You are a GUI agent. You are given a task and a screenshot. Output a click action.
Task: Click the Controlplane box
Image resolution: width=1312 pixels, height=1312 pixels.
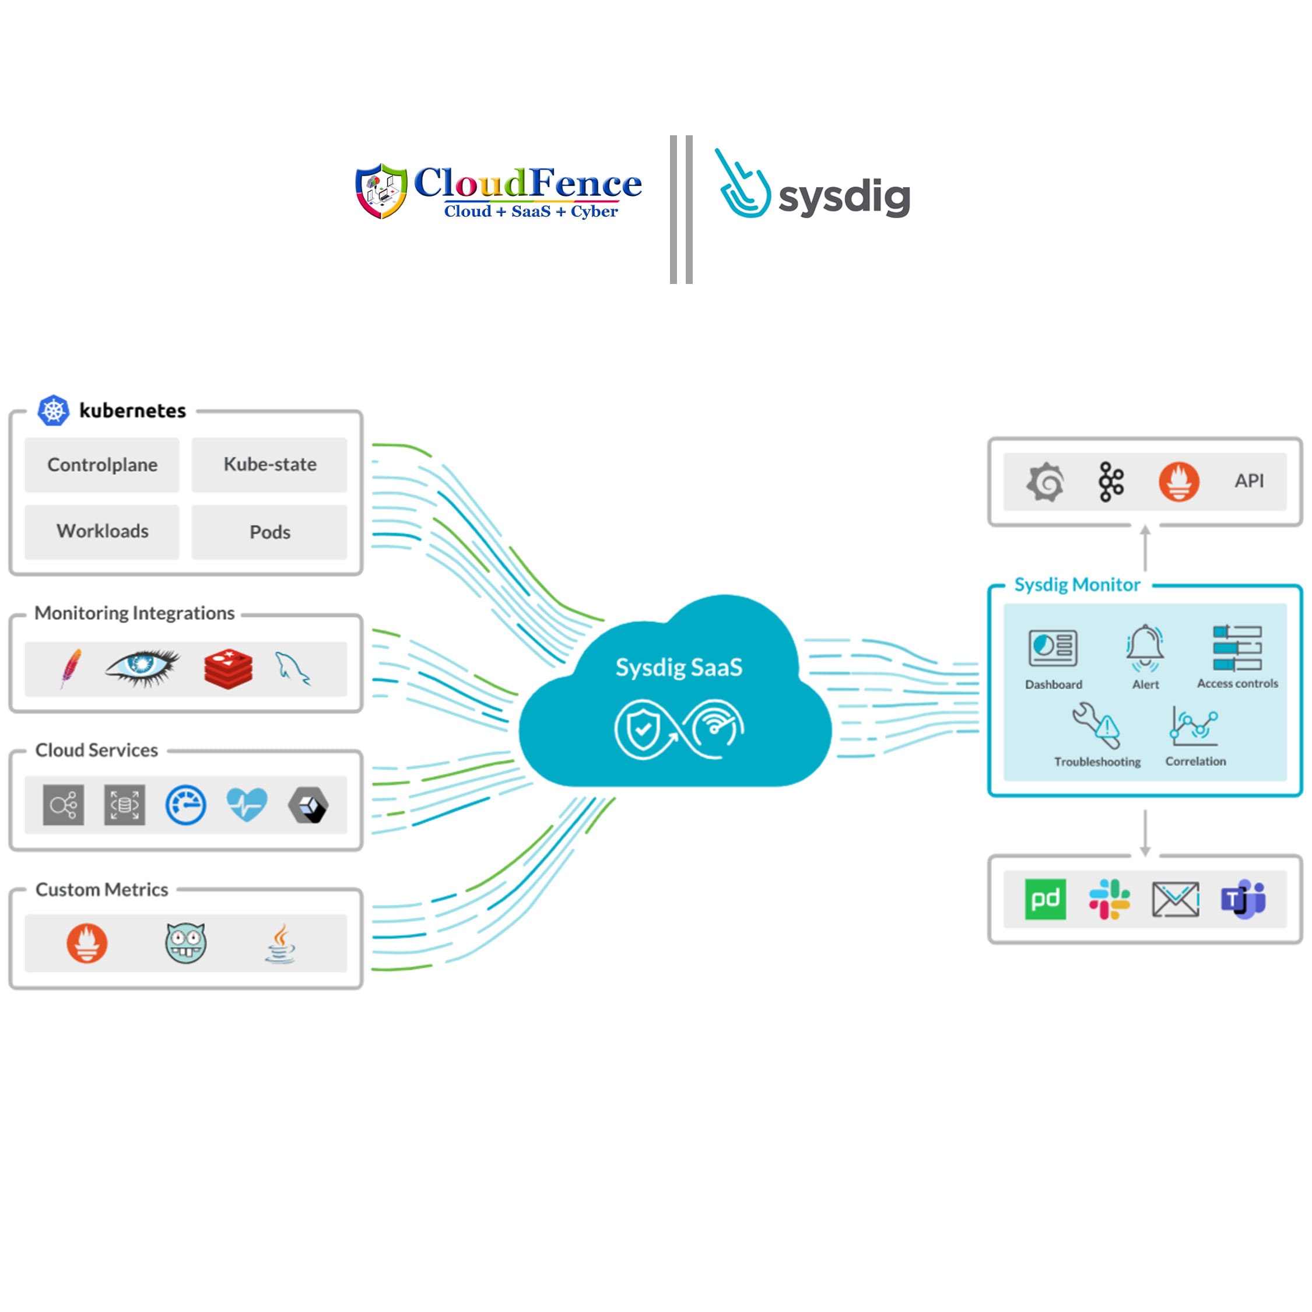pyautogui.click(x=102, y=465)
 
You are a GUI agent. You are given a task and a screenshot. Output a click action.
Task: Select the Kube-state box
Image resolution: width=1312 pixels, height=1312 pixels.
pyautogui.click(x=269, y=465)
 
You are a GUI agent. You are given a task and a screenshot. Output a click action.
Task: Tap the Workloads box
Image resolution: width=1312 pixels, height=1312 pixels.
pyautogui.click(x=102, y=532)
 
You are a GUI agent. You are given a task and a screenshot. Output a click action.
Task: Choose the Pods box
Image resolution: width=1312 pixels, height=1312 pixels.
pyautogui.click(x=269, y=532)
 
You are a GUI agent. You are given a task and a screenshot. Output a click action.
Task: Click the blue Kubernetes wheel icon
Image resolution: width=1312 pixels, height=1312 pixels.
pyautogui.click(x=53, y=410)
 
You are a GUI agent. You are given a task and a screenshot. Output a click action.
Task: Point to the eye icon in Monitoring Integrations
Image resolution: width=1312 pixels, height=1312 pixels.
pyautogui.click(x=143, y=668)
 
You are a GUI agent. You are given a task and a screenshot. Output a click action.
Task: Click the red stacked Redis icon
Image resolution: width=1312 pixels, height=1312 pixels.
pyautogui.click(x=228, y=669)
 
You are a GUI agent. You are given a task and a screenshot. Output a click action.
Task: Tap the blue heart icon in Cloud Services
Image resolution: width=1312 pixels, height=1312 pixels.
pyautogui.click(x=247, y=805)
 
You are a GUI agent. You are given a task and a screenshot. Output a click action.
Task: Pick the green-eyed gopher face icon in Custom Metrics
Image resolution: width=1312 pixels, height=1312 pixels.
pyautogui.click(x=185, y=942)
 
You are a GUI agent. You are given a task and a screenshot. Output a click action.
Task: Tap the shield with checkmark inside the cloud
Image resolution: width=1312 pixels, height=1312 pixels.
pyautogui.click(x=642, y=729)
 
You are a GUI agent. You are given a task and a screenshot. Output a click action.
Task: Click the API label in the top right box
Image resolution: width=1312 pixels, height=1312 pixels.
pyautogui.click(x=1250, y=481)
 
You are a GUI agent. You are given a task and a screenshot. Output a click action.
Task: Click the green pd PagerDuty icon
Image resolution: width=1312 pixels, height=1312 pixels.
pyautogui.click(x=1045, y=899)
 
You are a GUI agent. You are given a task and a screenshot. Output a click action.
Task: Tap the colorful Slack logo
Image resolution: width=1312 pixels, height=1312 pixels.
pyautogui.click(x=1110, y=899)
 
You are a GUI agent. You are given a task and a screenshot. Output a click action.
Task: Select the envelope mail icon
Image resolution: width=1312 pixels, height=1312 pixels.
pyautogui.click(x=1176, y=900)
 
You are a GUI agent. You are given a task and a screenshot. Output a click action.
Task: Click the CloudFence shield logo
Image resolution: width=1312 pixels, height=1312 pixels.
pyautogui.click(x=382, y=191)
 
